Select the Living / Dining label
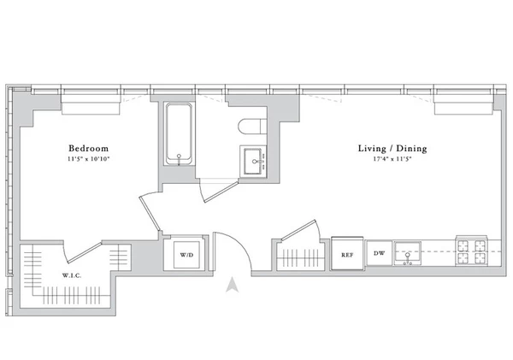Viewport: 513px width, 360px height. (x=392, y=148)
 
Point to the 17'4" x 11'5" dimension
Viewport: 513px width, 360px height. (x=392, y=160)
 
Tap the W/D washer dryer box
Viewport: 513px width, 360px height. (x=187, y=256)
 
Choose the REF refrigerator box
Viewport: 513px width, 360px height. (x=347, y=254)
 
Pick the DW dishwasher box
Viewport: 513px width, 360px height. (x=379, y=254)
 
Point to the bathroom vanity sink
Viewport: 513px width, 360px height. (x=254, y=159)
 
